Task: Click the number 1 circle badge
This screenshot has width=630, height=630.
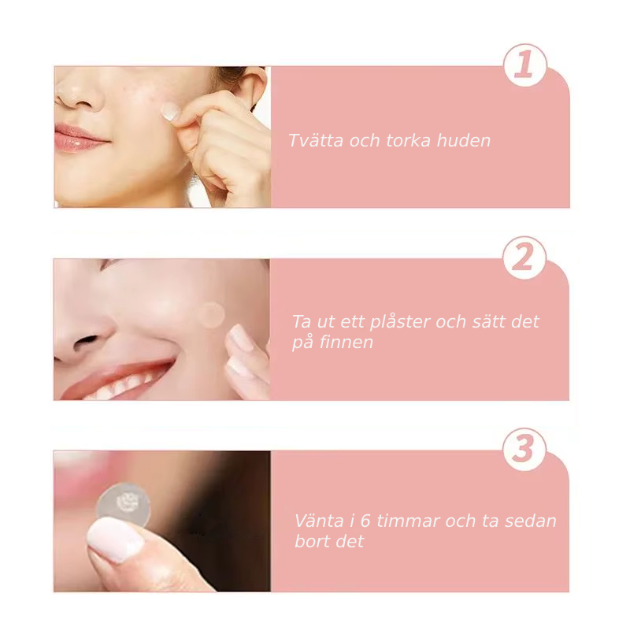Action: (525, 65)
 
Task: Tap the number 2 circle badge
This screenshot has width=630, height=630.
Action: (524, 258)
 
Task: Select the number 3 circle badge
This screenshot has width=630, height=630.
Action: (524, 449)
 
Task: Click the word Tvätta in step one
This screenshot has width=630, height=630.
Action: (316, 141)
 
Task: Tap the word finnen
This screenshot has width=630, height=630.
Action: (346, 343)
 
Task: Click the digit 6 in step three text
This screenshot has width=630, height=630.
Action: (365, 521)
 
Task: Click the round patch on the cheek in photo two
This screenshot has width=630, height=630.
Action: (210, 314)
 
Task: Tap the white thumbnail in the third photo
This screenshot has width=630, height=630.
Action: (115, 539)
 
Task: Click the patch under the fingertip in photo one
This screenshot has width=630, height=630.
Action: (171, 111)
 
